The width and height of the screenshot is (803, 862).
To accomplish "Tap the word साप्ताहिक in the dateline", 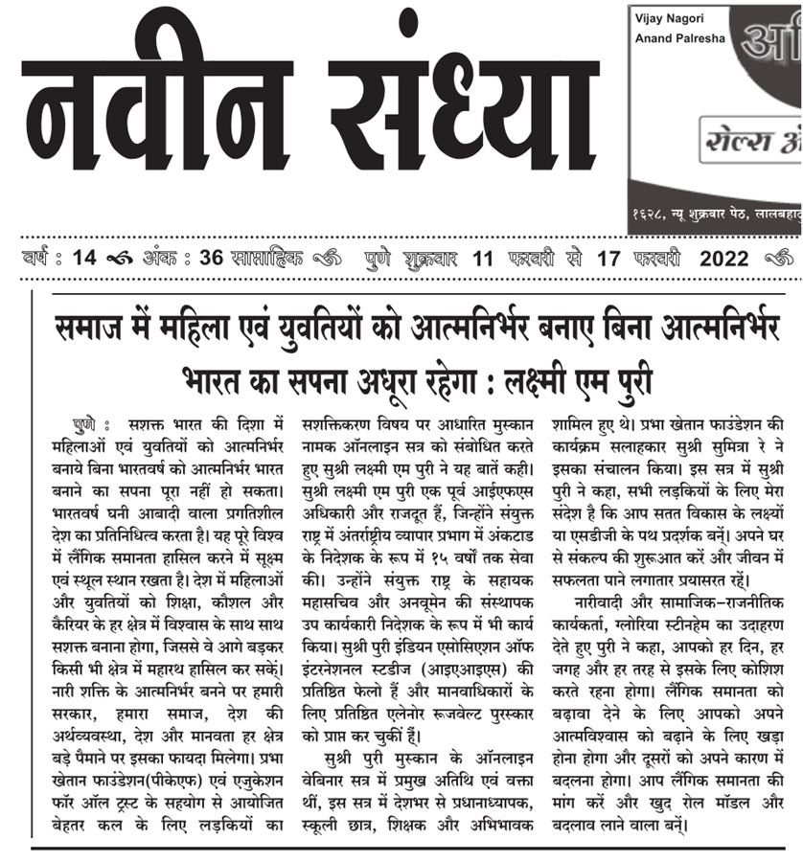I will (264, 259).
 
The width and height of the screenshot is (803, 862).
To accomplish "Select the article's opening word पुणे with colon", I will (92, 424).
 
